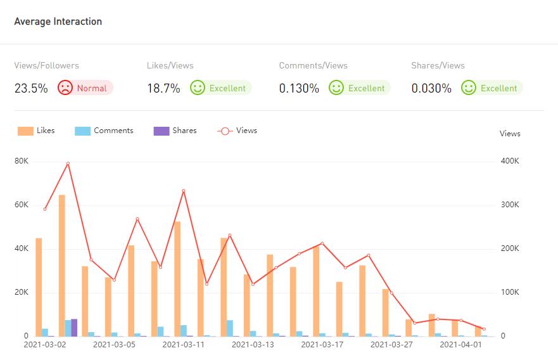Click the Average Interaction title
58,22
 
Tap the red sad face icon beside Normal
65,87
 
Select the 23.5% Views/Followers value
31,88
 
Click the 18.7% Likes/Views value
163,88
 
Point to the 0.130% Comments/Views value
299,88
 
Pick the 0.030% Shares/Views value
431,88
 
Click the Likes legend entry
37,131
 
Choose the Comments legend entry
105,131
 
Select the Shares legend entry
175,131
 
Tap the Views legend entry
238,131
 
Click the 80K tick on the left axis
22,161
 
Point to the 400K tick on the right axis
510,161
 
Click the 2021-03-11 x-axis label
184,345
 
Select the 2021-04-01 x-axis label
461,345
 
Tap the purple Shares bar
74,327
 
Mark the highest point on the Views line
68,164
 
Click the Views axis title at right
510,134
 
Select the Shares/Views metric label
438,65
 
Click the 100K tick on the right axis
510,292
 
